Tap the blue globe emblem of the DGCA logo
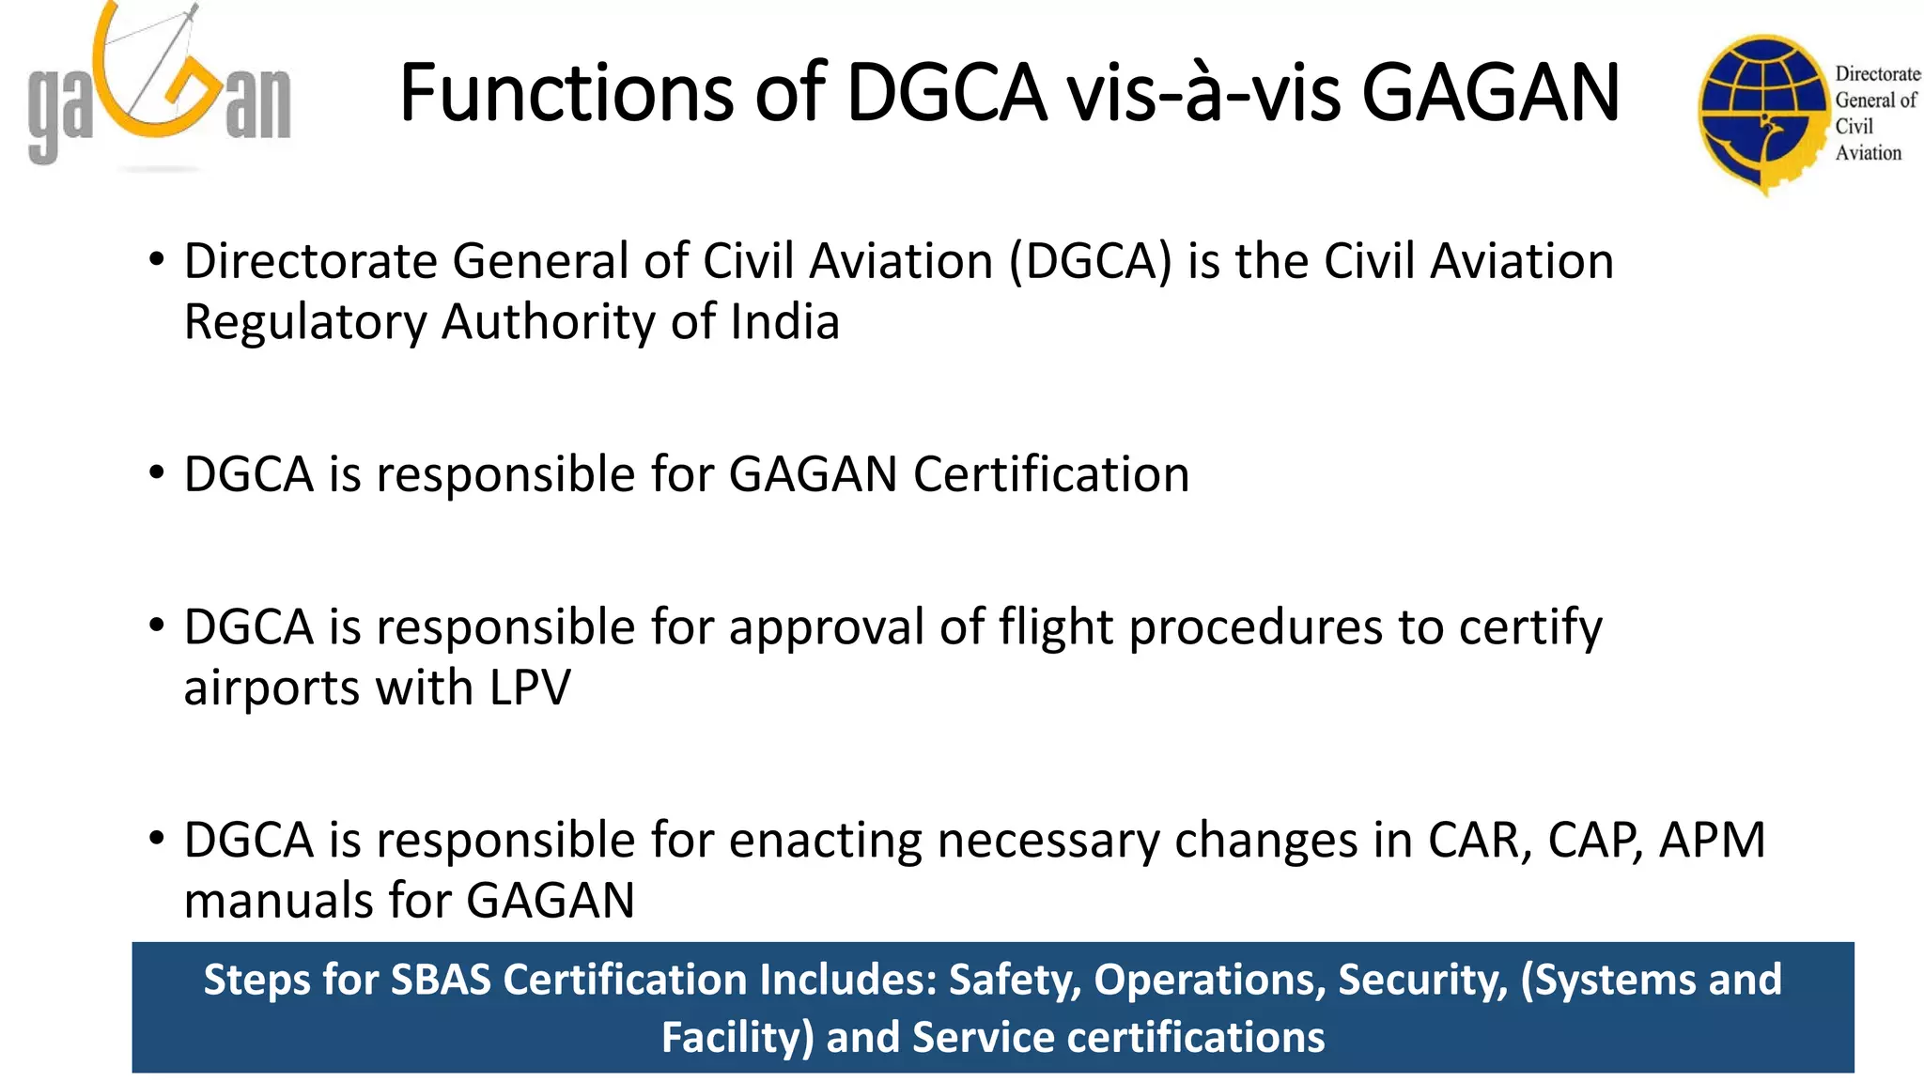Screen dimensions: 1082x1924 [1761, 113]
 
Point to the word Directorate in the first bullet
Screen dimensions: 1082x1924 [311, 261]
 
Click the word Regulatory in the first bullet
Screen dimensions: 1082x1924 [304, 322]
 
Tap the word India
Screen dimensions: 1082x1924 [784, 322]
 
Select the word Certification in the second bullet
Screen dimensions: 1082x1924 [1051, 474]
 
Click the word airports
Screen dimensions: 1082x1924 [272, 688]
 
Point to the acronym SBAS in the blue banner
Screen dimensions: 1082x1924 [441, 980]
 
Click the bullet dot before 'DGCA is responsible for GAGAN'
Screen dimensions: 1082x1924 [157, 472]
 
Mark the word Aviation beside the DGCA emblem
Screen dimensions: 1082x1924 [1868, 153]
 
